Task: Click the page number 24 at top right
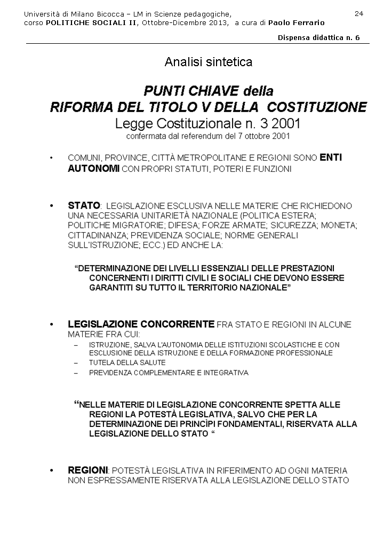[x=358, y=13]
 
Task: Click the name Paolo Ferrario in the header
[x=296, y=23]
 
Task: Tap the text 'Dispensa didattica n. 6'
[x=319, y=38]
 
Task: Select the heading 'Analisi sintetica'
[x=209, y=62]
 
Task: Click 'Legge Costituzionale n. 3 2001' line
[x=208, y=124]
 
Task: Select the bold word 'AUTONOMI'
[x=93, y=169]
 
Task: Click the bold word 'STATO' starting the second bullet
[x=84, y=205]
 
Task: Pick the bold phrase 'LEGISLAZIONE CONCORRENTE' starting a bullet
[x=141, y=324]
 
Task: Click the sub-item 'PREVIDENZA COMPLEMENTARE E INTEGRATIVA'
[x=169, y=372]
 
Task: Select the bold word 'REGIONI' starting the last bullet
[x=88, y=470]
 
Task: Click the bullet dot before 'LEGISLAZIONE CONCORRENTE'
[x=51, y=324]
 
